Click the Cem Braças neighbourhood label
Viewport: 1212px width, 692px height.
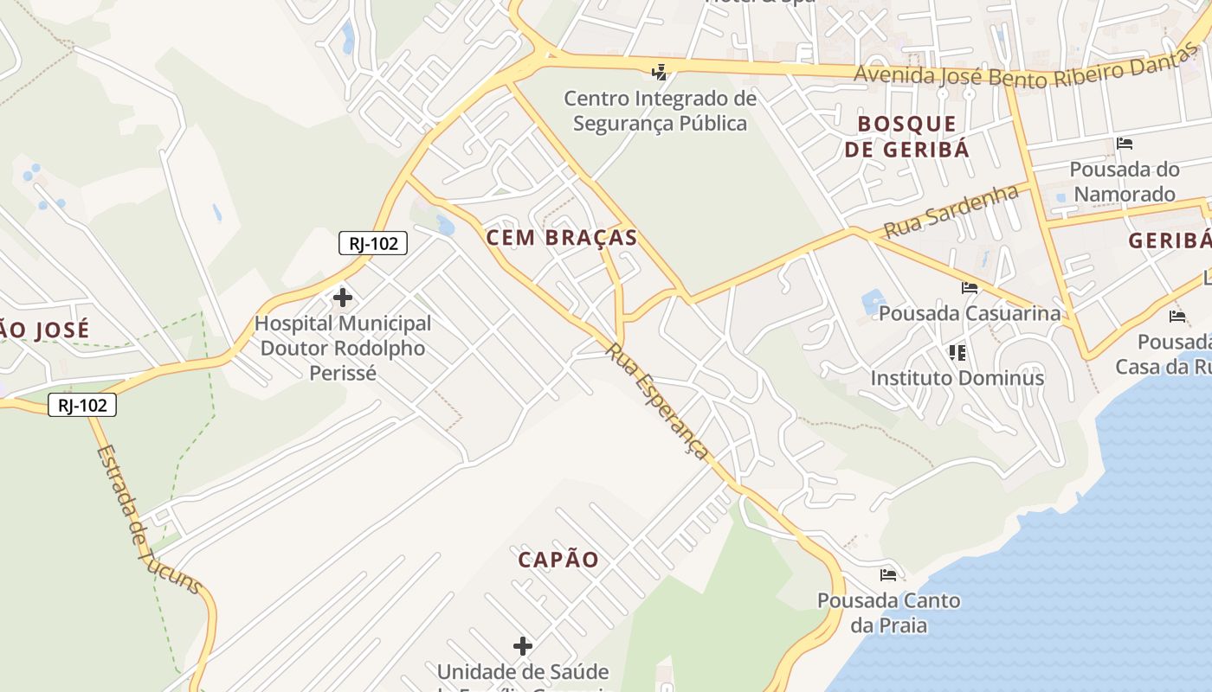point(562,238)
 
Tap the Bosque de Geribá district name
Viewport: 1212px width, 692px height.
point(907,137)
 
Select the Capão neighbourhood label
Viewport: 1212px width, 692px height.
point(558,560)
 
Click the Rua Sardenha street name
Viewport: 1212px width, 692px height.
point(951,211)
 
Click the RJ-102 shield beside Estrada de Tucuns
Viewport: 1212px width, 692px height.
point(82,405)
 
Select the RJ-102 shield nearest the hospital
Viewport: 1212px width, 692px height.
point(373,243)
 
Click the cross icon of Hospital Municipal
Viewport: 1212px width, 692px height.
point(343,298)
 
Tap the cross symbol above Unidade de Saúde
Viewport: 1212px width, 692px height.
point(523,646)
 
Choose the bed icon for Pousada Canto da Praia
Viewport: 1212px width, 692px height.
point(888,574)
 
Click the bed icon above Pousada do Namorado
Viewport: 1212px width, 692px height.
point(1125,144)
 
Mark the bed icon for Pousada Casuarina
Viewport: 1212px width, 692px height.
point(970,288)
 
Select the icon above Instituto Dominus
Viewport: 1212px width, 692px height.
point(957,352)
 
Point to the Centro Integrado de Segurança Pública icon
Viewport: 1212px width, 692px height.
point(661,72)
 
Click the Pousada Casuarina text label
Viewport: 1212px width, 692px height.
point(970,313)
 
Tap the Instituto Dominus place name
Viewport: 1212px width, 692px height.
point(957,378)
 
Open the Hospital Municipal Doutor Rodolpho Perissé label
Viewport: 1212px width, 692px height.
point(343,349)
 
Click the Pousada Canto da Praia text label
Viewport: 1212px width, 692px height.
point(888,612)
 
